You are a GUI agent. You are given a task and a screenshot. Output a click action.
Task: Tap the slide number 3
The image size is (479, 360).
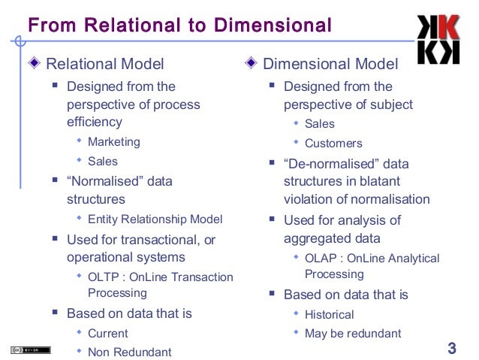[451, 348]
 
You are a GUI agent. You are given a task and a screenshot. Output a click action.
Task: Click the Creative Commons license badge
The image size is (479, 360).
[30, 350]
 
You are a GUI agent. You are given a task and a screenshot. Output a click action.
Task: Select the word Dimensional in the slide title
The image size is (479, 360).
[273, 26]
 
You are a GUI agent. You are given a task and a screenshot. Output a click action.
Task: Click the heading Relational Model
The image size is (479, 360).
[104, 64]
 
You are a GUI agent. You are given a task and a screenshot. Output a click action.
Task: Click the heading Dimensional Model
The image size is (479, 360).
[330, 64]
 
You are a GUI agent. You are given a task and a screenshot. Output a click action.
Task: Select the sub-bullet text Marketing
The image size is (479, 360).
[113, 141]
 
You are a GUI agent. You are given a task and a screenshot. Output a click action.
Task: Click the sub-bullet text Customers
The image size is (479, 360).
[333, 143]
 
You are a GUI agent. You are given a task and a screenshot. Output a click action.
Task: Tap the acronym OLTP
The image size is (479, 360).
[104, 277]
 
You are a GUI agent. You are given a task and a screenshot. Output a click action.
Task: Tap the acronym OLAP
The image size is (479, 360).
[321, 258]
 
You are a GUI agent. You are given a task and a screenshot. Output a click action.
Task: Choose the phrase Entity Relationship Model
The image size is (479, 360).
[155, 219]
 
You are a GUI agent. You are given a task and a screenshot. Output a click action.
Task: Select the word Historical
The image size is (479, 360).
[329, 314]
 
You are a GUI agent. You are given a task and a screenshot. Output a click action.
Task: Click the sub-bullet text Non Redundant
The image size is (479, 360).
[129, 352]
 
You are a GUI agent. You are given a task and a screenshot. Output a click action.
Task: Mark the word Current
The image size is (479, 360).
[107, 333]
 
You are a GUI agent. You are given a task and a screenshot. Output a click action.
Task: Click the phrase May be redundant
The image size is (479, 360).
[353, 333]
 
